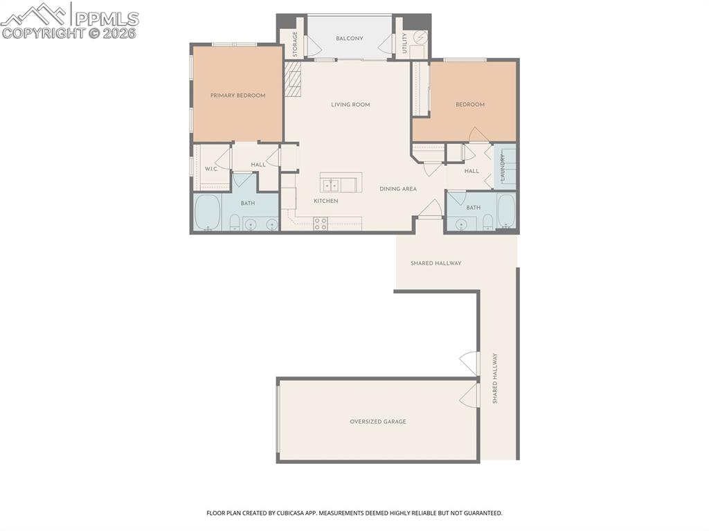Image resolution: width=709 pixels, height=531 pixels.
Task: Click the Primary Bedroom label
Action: (x=237, y=96)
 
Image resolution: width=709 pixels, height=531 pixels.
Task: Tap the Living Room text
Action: (x=350, y=105)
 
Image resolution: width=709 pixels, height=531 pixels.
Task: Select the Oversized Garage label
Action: (x=377, y=421)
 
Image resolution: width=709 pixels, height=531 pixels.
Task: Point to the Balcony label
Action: (x=350, y=38)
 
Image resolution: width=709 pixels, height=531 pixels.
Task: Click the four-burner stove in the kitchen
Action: (x=321, y=223)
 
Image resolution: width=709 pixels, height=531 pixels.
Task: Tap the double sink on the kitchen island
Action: (x=331, y=184)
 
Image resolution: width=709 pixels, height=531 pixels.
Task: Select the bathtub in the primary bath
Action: (x=207, y=213)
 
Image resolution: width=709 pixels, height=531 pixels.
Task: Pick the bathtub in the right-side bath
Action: (x=505, y=211)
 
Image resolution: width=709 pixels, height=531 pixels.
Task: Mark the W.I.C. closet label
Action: (x=210, y=169)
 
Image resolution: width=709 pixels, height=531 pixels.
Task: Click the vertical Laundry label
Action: (x=503, y=167)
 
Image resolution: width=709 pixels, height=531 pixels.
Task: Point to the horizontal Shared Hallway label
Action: (x=436, y=263)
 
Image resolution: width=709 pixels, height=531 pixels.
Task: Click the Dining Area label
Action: (x=398, y=188)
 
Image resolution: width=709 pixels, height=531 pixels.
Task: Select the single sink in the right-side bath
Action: (x=462, y=224)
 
